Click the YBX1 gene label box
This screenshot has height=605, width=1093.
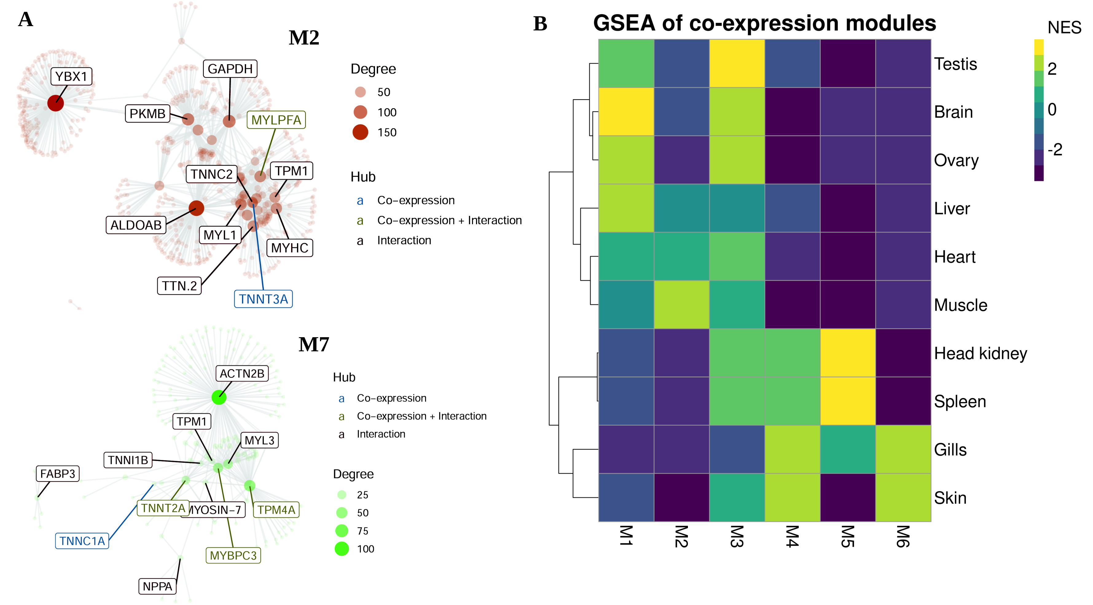[71, 76]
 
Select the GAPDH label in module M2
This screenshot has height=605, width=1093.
[230, 69]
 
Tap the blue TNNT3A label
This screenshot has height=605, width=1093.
[263, 299]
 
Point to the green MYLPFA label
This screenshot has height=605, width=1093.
[276, 120]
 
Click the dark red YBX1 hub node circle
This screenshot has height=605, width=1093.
[56, 103]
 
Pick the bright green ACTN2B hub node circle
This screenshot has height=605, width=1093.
[219, 397]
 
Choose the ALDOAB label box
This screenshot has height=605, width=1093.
[136, 225]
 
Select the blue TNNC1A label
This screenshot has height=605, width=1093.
[82, 541]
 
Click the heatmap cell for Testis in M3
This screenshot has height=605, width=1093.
[737, 64]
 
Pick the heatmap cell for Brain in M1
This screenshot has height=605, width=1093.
[626, 111]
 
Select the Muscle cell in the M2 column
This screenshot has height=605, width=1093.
[681, 305]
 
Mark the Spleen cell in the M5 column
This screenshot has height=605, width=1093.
[848, 401]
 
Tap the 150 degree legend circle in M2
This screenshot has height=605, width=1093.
[360, 132]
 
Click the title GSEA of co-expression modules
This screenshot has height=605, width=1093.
[764, 23]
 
